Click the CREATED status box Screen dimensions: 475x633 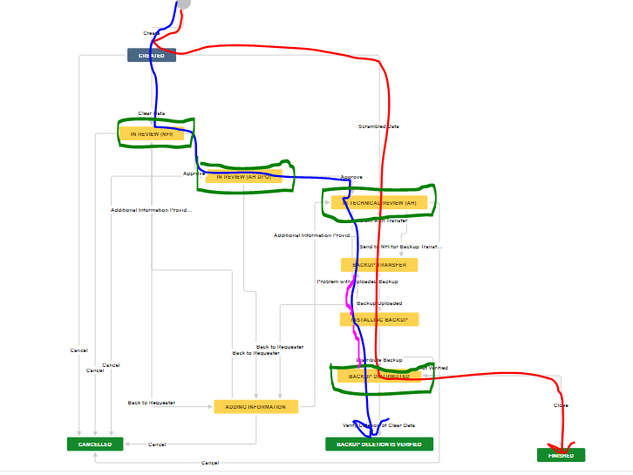152,55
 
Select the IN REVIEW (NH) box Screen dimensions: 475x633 152,134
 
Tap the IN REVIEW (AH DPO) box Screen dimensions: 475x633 244,176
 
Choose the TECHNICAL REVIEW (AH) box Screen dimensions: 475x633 379,202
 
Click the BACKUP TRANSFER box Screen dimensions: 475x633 379,264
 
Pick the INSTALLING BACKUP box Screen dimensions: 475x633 379,319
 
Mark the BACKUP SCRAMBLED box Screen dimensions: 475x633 378,376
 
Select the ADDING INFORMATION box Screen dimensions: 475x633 256,406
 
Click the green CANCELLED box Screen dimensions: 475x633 95,444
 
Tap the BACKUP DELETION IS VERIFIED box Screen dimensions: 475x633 379,444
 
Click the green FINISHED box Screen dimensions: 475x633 561,455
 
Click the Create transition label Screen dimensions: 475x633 151,33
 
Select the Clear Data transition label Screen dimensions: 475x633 152,113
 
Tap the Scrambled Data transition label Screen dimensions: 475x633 379,126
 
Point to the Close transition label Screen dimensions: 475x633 561,405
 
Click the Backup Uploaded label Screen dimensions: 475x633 380,303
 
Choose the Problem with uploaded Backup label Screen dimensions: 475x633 357,282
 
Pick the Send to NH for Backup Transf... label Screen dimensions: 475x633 401,247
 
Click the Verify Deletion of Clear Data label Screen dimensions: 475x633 378,425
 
